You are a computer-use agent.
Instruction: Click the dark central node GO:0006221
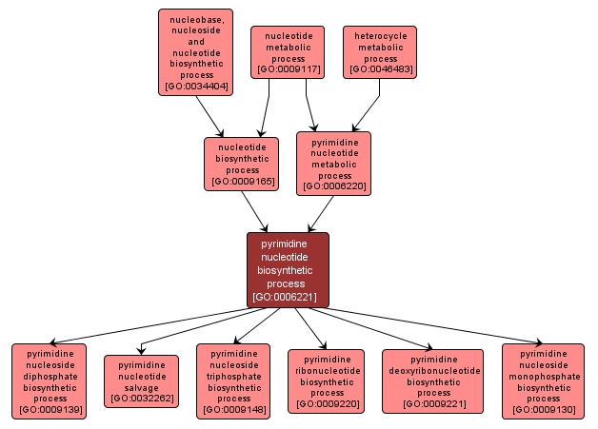(288, 269)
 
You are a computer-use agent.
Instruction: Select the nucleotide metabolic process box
(288, 51)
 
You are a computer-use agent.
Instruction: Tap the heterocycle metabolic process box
(380, 51)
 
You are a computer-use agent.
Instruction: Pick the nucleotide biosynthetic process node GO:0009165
(242, 163)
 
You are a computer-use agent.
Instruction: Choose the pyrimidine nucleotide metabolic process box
(334, 163)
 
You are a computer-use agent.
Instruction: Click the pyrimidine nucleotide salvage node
(141, 380)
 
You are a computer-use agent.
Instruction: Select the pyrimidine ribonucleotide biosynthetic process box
(327, 380)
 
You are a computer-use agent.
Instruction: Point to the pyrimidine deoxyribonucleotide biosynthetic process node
(433, 380)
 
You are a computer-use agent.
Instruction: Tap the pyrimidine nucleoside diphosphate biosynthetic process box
(50, 380)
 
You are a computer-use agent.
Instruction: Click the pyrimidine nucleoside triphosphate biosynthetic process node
(233, 380)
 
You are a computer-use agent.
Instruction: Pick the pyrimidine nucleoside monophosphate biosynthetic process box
(544, 380)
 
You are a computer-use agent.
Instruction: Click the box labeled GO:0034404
(195, 51)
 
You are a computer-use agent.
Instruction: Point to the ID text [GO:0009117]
(288, 70)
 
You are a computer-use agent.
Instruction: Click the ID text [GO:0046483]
(380, 70)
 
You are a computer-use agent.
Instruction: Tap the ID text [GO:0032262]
(141, 399)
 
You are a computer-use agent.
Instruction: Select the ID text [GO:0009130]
(544, 411)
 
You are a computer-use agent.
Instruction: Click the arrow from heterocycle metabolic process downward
(368, 105)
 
